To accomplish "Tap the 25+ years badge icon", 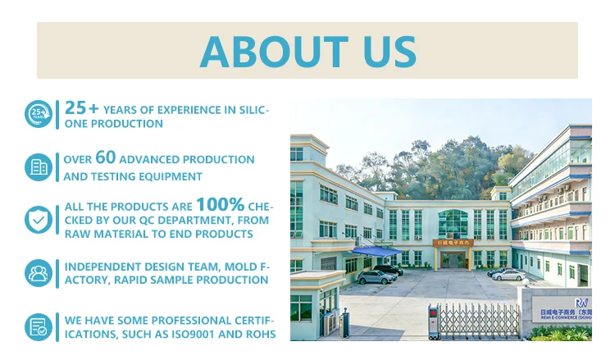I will (38, 114).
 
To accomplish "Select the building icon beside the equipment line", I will (38, 166).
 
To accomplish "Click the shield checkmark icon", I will (38, 219).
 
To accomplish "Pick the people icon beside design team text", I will (38, 273).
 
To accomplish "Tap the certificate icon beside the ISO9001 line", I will (38, 326).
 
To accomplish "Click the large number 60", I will (105, 157).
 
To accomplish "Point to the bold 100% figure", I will (220, 204).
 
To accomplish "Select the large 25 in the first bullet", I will (75, 107).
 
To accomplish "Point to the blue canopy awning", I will (375, 250).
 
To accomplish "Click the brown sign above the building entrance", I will (453, 243).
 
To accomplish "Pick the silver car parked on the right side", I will (508, 275).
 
